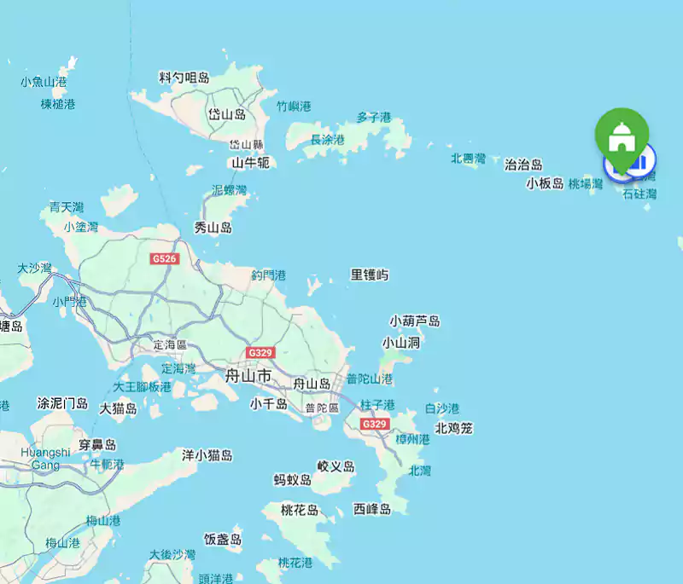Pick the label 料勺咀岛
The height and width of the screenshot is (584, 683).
tap(184, 78)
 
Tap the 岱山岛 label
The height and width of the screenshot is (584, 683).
tap(227, 114)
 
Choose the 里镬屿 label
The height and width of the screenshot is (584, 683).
tap(370, 275)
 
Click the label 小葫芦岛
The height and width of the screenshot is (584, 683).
tap(415, 321)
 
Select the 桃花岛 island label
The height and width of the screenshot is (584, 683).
tap(300, 510)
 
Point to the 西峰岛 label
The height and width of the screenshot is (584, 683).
tap(372, 509)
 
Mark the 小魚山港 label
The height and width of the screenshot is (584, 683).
tap(44, 82)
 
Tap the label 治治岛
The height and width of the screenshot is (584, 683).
tap(523, 165)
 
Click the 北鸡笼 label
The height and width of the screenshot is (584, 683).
tap(453, 428)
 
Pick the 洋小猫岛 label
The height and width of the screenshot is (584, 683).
tap(207, 455)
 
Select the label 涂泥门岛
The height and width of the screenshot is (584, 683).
tap(62, 402)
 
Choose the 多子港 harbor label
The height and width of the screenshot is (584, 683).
tap(374, 118)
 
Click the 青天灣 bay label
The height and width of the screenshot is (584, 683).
tap(66, 207)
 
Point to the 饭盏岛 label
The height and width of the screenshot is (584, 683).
tap(223, 539)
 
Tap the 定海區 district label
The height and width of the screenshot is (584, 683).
tap(170, 345)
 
